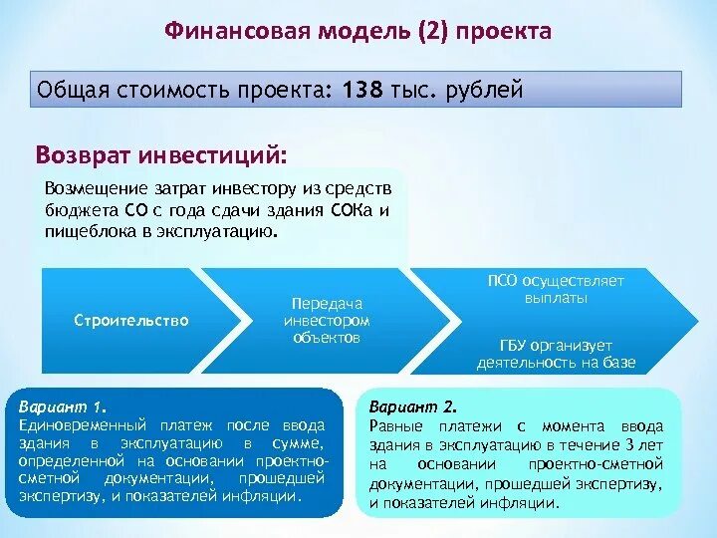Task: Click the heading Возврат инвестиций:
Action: coord(161,156)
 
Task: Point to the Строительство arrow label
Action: coord(131,320)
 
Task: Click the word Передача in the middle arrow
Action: coord(328,303)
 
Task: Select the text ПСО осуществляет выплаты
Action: coord(556,289)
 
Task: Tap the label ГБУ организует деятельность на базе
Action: coord(556,354)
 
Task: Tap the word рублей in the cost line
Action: coord(483,91)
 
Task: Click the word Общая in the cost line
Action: coord(71,91)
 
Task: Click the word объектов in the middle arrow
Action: coord(328,338)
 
